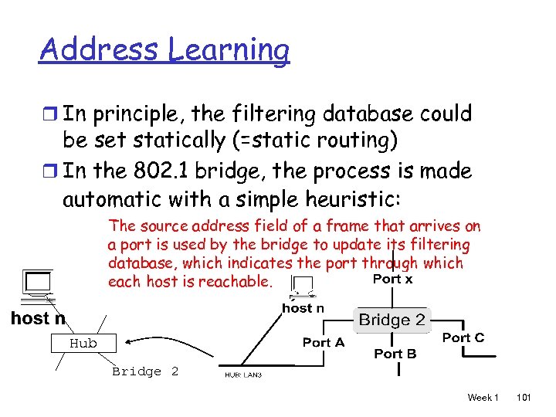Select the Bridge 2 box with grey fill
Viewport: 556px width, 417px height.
point(392,320)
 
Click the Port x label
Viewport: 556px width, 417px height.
point(393,279)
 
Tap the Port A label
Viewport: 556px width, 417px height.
point(324,342)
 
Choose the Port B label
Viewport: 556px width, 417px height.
point(395,354)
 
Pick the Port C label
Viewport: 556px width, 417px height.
point(463,337)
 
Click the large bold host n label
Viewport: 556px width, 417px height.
point(38,318)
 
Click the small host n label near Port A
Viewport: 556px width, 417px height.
point(303,308)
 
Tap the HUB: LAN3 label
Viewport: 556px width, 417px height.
point(243,375)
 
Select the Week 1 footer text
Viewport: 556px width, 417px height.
point(483,398)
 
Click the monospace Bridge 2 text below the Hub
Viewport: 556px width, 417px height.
point(145,371)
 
